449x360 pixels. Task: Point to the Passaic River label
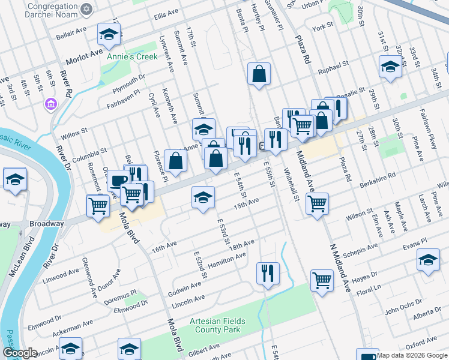[x=17, y=145]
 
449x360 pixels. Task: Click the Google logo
[x=20, y=353]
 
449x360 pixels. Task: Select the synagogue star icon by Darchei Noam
[x=87, y=10]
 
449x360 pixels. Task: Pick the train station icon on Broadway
[x=262, y=146]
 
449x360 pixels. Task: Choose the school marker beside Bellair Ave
[x=109, y=35]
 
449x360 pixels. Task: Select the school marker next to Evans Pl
[x=428, y=260]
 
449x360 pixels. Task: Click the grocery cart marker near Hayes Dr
[x=322, y=280]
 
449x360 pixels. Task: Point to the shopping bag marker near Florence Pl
[x=175, y=160]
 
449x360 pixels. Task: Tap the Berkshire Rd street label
[x=379, y=176]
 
